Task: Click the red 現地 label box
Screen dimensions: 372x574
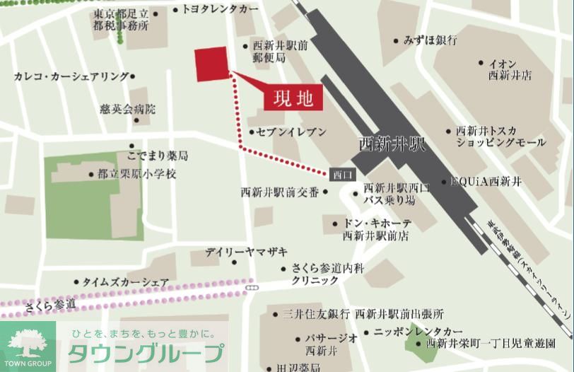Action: (293, 98)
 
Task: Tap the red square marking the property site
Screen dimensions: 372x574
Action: (212, 64)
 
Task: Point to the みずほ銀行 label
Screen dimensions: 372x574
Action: (430, 40)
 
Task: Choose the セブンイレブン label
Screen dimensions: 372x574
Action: (291, 132)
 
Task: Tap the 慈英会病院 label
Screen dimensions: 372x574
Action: (127, 110)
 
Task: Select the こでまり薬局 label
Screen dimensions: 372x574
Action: (158, 155)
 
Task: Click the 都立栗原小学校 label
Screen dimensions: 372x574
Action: (137, 173)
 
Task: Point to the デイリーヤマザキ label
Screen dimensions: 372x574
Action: (247, 252)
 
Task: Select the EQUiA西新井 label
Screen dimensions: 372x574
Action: (486, 182)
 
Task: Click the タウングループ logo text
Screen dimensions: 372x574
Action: (146, 352)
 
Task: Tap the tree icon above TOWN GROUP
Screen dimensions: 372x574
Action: (27, 343)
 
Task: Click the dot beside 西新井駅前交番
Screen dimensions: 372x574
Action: (325, 191)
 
